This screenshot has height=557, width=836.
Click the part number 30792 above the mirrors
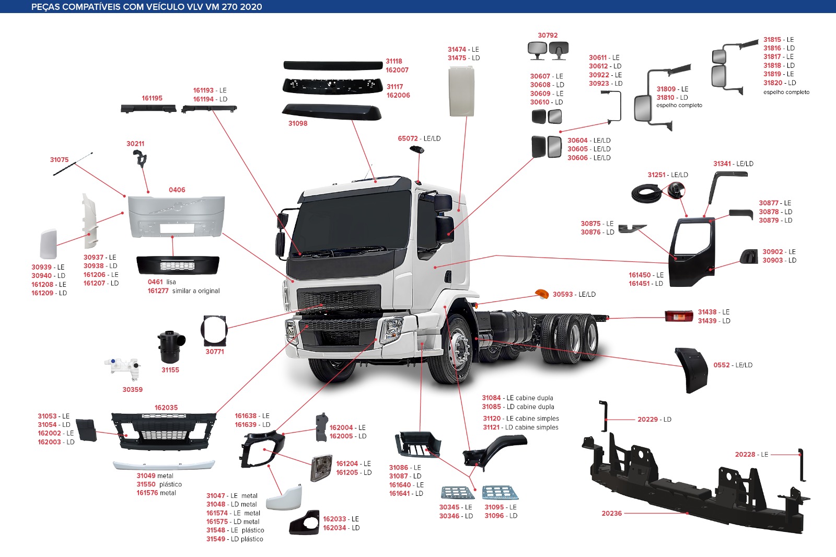[548, 35]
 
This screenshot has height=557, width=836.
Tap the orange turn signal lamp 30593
[541, 294]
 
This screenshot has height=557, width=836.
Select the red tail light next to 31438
[679, 316]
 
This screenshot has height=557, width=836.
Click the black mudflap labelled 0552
[691, 370]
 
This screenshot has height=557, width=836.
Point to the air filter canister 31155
[171, 347]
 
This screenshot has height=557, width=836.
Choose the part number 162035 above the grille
[166, 408]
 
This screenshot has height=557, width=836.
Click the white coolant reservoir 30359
[123, 368]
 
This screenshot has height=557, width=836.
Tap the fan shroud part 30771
[214, 331]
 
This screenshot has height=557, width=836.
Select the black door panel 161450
[692, 252]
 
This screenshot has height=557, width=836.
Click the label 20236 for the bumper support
[612, 513]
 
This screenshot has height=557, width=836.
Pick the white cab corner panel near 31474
[461, 91]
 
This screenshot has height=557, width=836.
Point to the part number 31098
[298, 123]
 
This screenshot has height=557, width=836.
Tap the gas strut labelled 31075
[73, 164]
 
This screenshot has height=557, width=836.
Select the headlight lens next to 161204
[321, 468]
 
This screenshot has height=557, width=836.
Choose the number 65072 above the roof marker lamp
[408, 138]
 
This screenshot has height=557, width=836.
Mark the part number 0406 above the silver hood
[177, 190]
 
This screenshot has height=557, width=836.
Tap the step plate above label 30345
[458, 492]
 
